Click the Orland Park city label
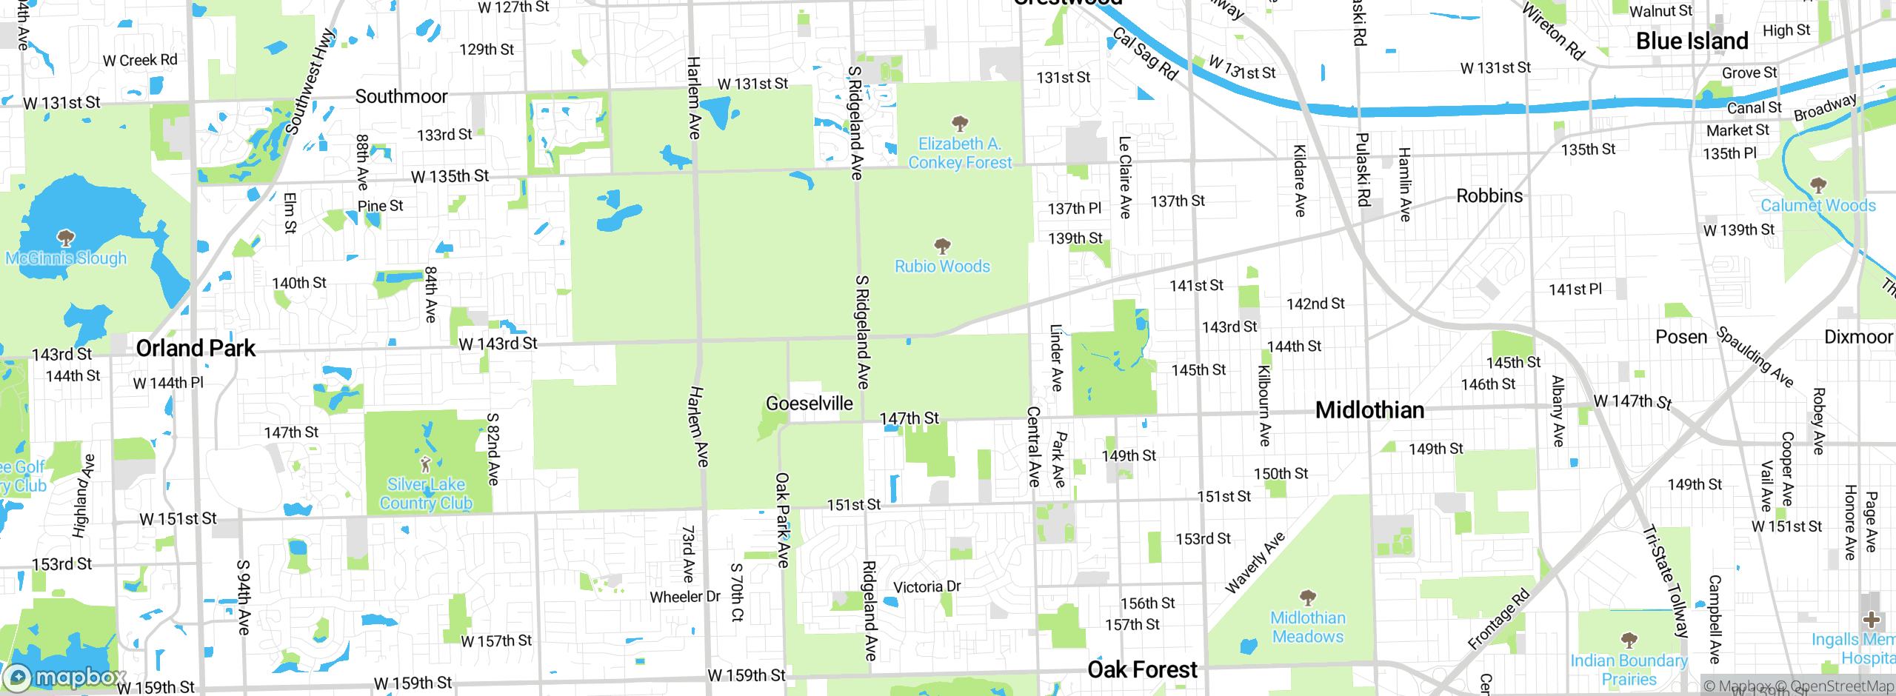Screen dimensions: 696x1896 [196, 348]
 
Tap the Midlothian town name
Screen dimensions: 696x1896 [1369, 410]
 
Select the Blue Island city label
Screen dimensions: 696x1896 [1692, 41]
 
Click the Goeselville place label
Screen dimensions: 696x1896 [809, 404]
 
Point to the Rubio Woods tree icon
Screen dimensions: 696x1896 [942, 246]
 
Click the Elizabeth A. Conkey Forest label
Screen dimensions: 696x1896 [959, 153]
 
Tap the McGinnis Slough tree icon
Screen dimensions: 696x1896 [66, 238]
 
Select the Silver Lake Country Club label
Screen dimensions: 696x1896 [426, 494]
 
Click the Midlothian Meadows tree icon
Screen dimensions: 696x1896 [1308, 598]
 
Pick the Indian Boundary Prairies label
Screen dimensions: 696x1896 [1629, 669]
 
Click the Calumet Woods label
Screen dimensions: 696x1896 [1817, 206]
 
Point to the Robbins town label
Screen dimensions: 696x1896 [1489, 196]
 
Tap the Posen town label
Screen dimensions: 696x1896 [1680, 338]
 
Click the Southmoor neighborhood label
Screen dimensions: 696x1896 [401, 97]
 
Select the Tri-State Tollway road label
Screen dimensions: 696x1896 [1666, 581]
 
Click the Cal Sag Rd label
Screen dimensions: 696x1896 [1145, 54]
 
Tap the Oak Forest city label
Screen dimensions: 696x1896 [1142, 669]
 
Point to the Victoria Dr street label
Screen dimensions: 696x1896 [927, 587]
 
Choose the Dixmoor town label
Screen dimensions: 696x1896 [1857, 338]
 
